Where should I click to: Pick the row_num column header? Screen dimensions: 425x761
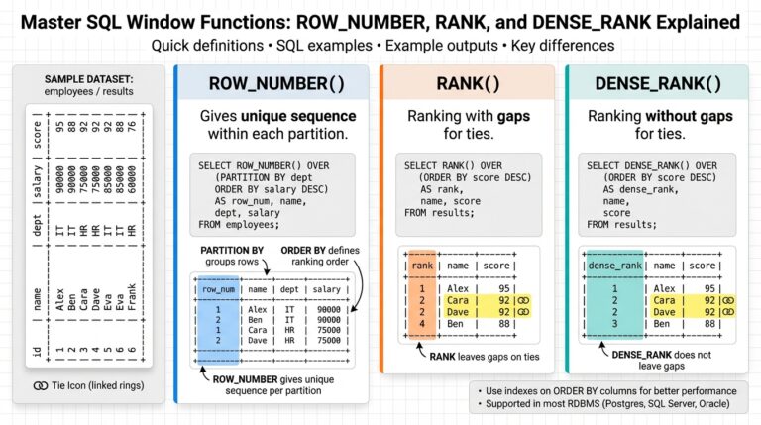217,288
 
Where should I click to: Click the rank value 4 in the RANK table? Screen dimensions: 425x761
421,323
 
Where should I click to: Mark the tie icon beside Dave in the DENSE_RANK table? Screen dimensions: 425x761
728,311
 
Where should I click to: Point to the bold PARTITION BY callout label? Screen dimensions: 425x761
230,249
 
